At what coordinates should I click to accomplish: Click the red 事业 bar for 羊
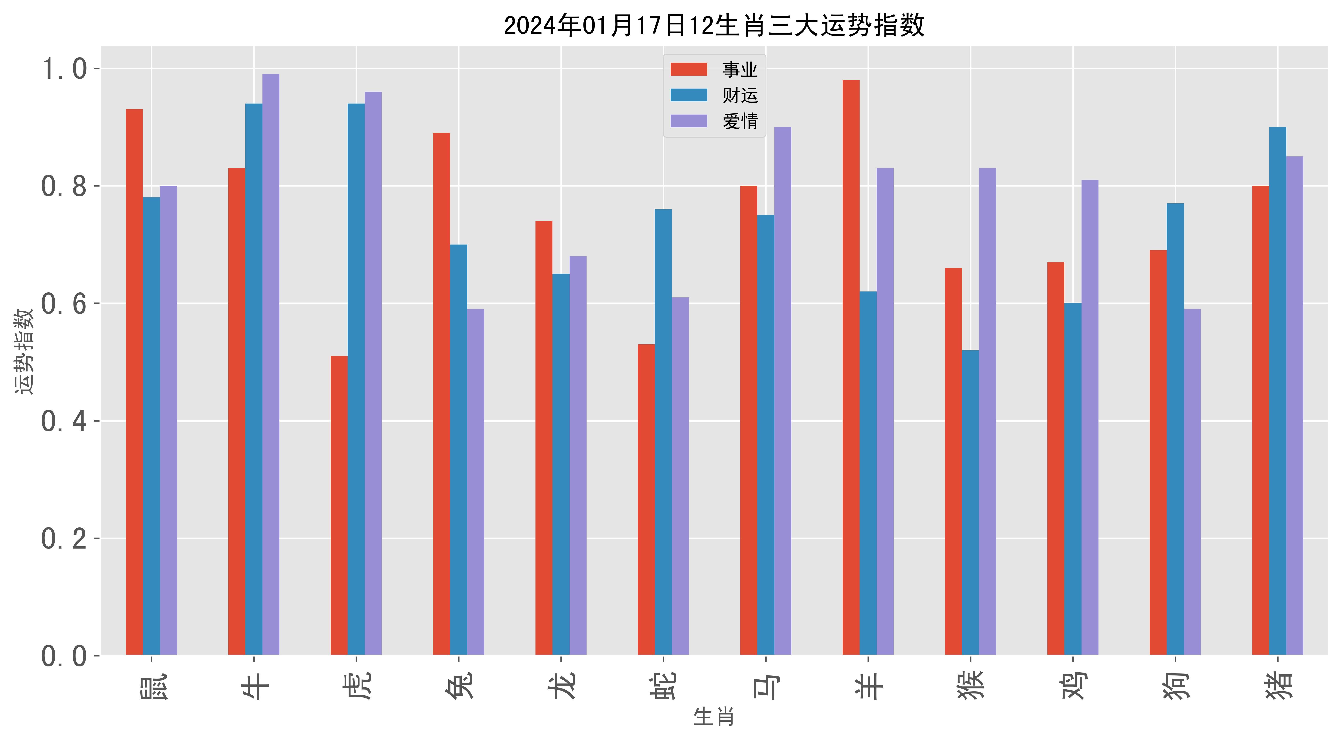pos(851,367)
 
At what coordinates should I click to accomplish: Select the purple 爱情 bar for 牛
pos(271,365)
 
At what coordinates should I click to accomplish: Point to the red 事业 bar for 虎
pos(339,506)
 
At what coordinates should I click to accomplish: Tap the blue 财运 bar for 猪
pos(1277,391)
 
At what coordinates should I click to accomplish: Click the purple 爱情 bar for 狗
pos(1192,482)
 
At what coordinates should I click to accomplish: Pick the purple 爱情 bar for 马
pos(783,391)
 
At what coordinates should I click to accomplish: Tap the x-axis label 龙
pos(561,684)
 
